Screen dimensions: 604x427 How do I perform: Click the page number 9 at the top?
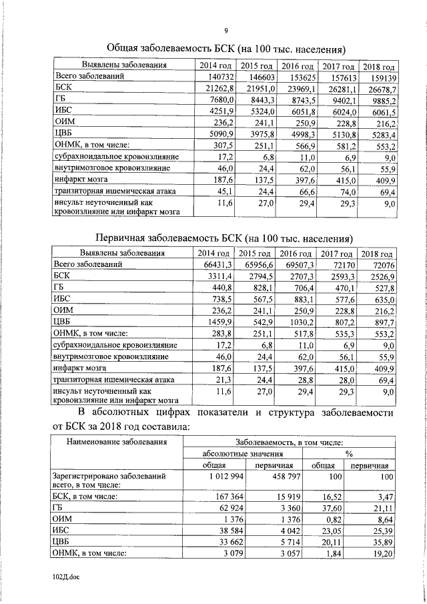click(226, 30)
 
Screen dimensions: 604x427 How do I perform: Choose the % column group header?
click(348, 453)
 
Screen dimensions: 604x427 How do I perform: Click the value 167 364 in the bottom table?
click(220, 497)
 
